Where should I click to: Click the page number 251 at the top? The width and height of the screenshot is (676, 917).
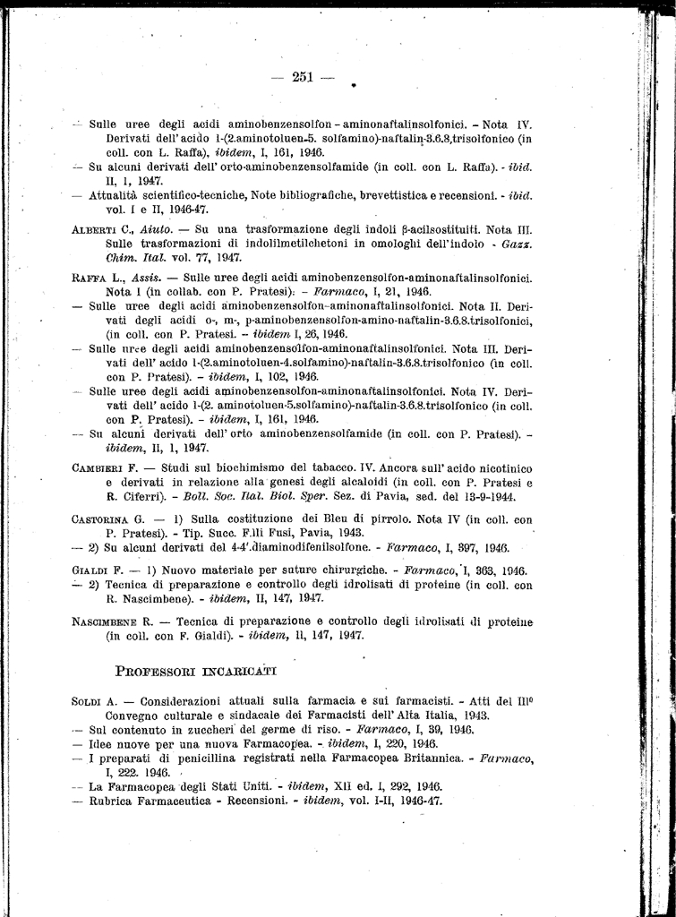pyautogui.click(x=302, y=77)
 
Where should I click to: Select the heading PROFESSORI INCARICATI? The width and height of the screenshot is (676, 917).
pyautogui.click(x=197, y=669)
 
